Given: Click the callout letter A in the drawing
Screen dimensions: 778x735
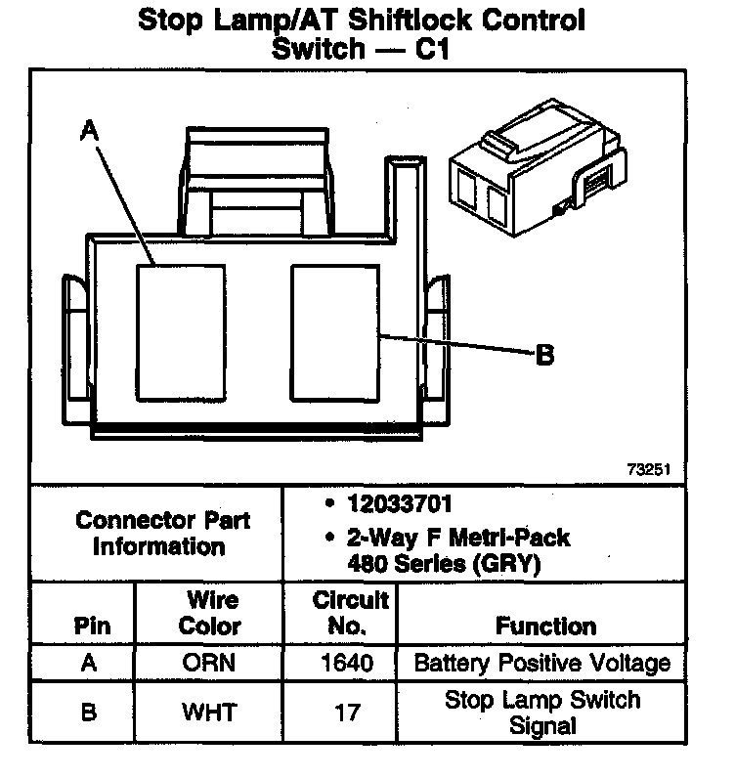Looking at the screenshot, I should pyautogui.click(x=90, y=130).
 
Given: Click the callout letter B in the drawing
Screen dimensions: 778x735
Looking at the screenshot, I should pyautogui.click(x=545, y=356).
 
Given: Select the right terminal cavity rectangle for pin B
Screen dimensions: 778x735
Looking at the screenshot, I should pyautogui.click(x=335, y=332).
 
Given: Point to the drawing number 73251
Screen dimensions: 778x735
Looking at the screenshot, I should pyautogui.click(x=648, y=469).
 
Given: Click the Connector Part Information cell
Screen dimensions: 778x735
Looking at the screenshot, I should pyautogui.click(x=162, y=533).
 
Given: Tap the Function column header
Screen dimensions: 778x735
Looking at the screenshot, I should pyautogui.click(x=545, y=626).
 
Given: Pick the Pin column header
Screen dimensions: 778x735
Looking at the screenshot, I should pyautogui.click(x=92, y=626).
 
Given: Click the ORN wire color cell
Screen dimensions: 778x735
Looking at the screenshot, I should pyautogui.click(x=209, y=663).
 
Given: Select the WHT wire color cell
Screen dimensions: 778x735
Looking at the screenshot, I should pyautogui.click(x=209, y=713).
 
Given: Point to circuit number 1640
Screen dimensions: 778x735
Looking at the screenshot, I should pyautogui.click(x=347, y=663).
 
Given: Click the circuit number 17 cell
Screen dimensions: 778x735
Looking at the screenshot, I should pyautogui.click(x=347, y=713).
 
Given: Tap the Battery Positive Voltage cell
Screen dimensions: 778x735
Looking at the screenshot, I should pyautogui.click(x=542, y=663).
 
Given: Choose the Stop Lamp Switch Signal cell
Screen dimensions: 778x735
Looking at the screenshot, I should pyautogui.click(x=542, y=713).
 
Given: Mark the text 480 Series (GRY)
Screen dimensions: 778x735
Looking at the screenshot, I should pyautogui.click(x=444, y=563).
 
